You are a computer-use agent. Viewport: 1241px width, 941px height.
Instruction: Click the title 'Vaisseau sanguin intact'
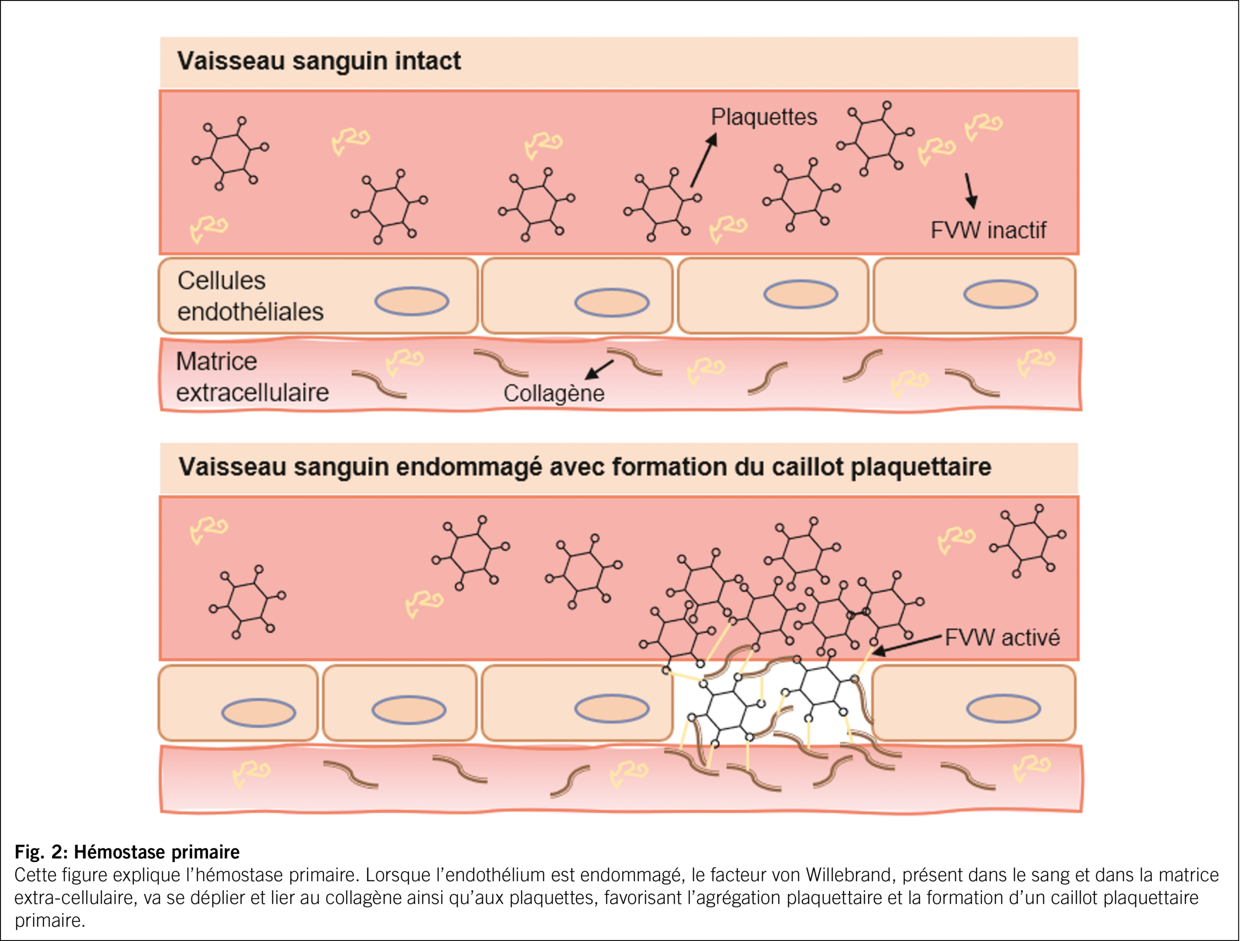(318, 61)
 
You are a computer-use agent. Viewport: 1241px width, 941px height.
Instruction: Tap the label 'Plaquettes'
(764, 117)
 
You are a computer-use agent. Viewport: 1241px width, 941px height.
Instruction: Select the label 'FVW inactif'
(988, 230)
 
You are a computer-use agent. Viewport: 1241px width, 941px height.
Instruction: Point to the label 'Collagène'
(554, 393)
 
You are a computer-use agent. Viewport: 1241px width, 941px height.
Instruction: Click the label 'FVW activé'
(1002, 638)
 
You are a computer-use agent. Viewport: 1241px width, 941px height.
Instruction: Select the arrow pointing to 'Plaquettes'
(703, 160)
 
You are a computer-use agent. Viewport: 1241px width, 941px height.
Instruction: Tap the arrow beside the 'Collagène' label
(599, 370)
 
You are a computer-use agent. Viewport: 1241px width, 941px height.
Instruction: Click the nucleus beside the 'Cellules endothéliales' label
(412, 301)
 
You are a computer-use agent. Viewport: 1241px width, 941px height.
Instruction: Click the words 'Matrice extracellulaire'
(252, 377)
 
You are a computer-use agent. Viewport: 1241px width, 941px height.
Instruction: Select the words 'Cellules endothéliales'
(250, 296)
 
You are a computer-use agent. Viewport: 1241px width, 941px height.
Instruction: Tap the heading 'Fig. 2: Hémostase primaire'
(127, 852)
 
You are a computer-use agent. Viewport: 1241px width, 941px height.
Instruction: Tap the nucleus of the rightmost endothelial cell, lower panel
(1003, 709)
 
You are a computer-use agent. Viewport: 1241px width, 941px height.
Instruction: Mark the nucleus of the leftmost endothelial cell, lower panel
(259, 713)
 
